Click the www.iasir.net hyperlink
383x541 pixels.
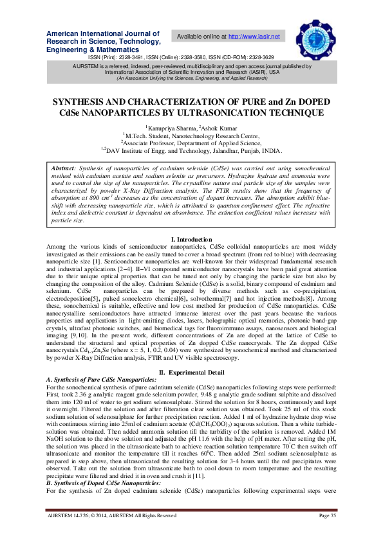pos(256,37)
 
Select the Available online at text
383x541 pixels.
pos(200,37)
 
